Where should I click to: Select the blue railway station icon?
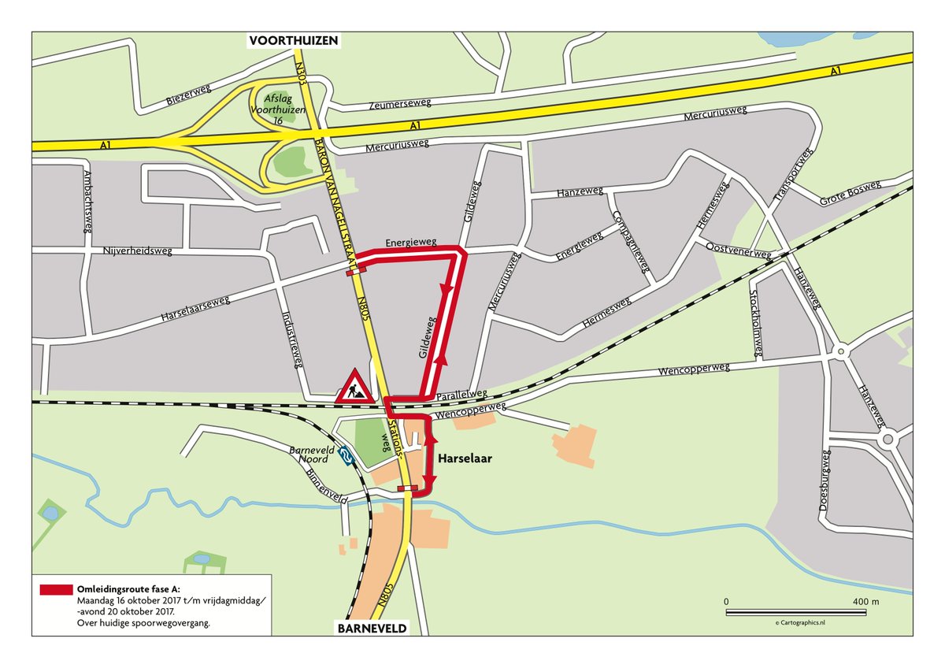coord(344,455)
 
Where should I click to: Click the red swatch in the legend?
coord(55,589)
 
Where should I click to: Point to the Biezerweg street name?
coord(187,96)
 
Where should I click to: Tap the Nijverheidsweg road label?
coord(138,252)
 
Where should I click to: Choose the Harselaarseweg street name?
coord(194,309)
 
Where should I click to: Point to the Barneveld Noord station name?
coord(313,455)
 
